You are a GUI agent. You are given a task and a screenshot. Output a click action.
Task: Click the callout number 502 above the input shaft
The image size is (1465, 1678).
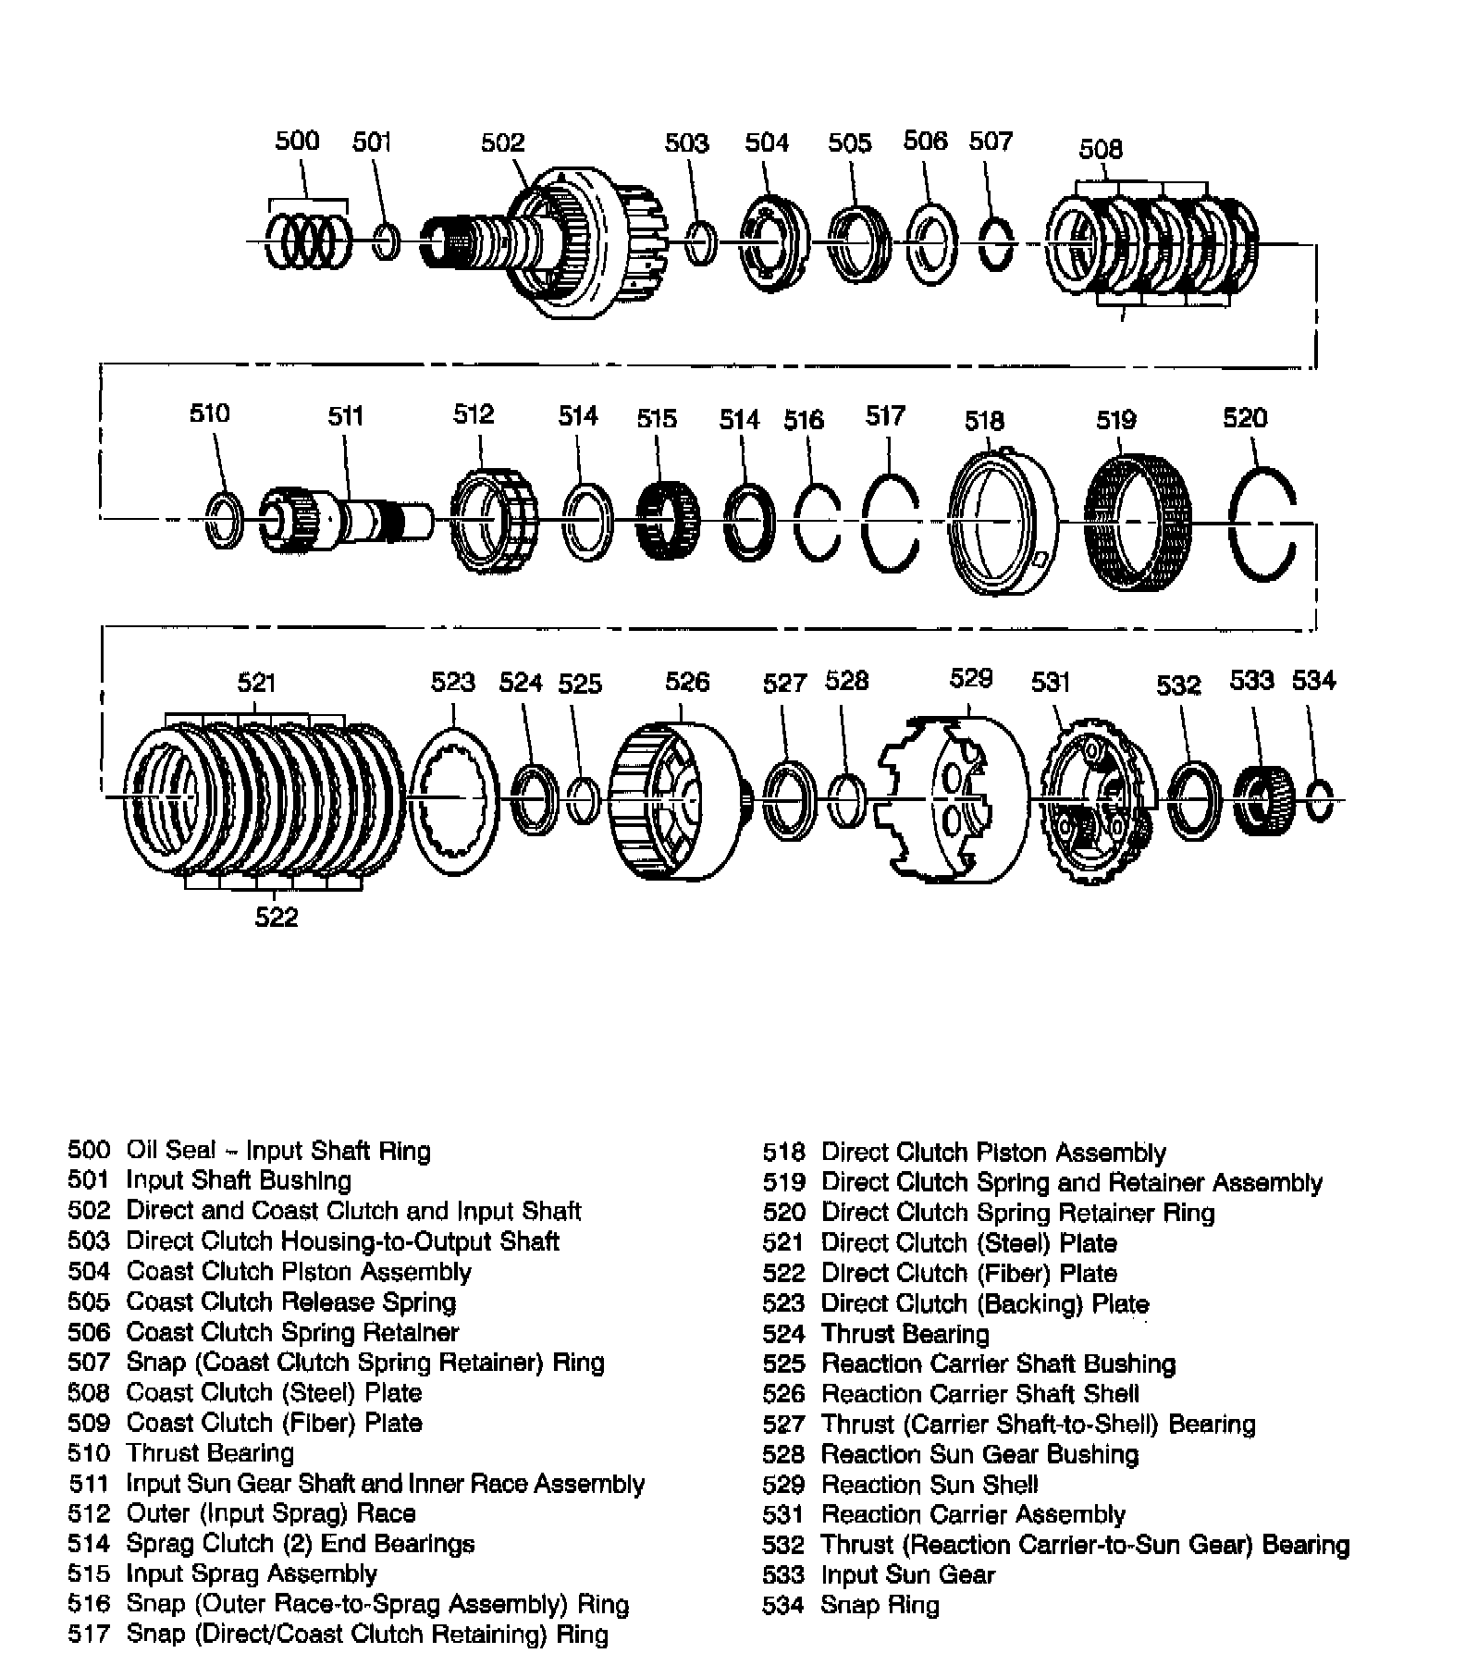tap(502, 142)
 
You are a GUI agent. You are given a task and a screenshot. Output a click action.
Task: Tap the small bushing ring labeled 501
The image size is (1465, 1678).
tap(388, 242)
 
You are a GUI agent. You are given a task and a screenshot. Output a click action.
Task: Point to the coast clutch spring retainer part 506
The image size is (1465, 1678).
tap(930, 243)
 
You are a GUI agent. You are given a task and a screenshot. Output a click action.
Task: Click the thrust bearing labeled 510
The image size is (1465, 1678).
tap(224, 520)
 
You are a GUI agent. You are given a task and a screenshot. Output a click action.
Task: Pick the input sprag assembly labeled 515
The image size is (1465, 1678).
tap(668, 520)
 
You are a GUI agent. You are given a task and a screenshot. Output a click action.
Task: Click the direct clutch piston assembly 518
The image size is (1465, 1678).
tap(1003, 524)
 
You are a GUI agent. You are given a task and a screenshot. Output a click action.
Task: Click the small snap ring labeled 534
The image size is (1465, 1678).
tap(1321, 801)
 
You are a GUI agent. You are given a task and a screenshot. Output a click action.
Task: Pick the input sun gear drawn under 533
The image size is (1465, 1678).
tap(1262, 801)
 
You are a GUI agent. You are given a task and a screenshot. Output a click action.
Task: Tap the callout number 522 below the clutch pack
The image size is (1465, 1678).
tap(277, 917)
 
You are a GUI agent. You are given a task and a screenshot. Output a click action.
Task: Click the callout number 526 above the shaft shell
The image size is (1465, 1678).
tap(687, 682)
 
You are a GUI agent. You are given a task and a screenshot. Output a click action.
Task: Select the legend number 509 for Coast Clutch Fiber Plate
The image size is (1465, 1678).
tap(89, 1423)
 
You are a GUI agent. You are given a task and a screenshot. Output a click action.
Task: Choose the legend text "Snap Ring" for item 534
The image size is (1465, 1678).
tap(880, 1604)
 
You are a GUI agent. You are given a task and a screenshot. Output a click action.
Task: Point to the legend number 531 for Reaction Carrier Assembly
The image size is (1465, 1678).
tap(783, 1514)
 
